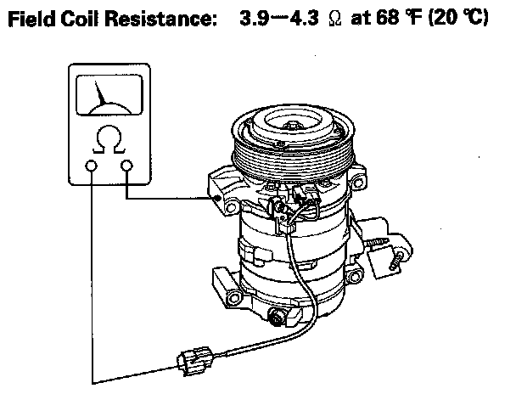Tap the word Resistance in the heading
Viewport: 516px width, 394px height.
pyautogui.click(x=160, y=19)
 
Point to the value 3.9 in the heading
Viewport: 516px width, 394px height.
pyautogui.click(x=254, y=18)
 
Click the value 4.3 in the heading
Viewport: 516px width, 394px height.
pyautogui.click(x=304, y=18)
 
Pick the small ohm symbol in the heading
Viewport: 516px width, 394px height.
pyautogui.click(x=335, y=19)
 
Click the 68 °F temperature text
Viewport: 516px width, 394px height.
pyautogui.click(x=398, y=18)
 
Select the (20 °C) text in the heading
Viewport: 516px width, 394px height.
pyautogui.click(x=458, y=18)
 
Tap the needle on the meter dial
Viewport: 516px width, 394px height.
pyautogui.click(x=99, y=93)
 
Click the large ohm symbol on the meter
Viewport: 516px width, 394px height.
pyautogui.click(x=109, y=139)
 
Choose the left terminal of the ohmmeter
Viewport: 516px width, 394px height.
pyautogui.click(x=91, y=166)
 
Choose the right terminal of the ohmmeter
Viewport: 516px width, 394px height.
pyautogui.click(x=126, y=166)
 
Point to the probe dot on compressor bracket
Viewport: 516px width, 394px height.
pyautogui.click(x=217, y=198)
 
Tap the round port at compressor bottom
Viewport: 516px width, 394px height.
pyautogui.click(x=277, y=318)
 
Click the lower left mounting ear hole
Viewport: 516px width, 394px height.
pyautogui.click(x=234, y=299)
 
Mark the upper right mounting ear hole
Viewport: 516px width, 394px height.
pyautogui.click(x=358, y=182)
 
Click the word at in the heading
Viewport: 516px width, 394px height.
pyautogui.click(x=361, y=19)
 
